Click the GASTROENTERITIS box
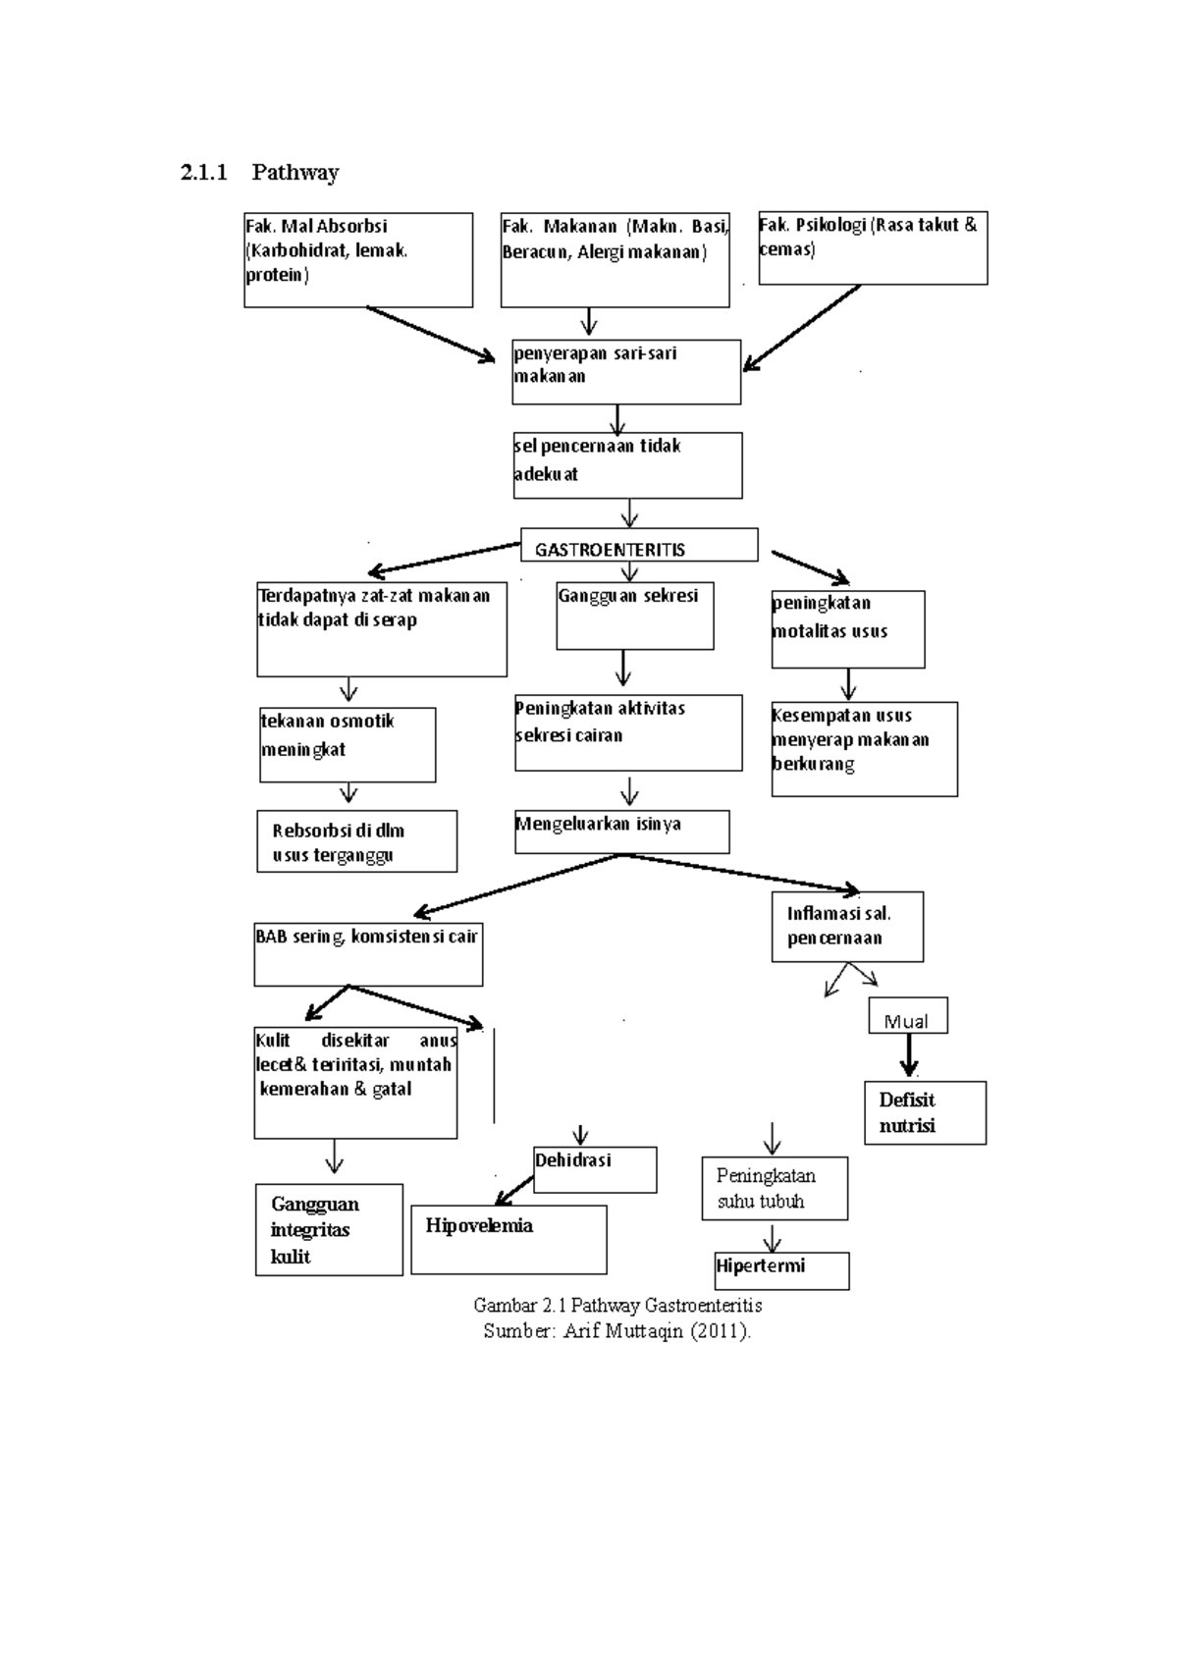[x=639, y=546]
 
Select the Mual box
[x=907, y=1017]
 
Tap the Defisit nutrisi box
[x=925, y=1113]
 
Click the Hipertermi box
[x=781, y=1270]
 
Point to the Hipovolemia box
[x=509, y=1239]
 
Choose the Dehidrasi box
[x=595, y=1169]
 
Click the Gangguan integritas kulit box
[x=329, y=1230]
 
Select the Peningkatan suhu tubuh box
[x=775, y=1188]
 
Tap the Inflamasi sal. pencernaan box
[x=847, y=926]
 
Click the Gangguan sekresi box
[x=634, y=616]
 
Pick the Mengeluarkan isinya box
[x=621, y=832]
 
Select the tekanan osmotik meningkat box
[x=348, y=744]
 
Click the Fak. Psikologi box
[x=873, y=248]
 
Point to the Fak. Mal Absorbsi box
[x=358, y=260]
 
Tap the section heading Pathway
[x=294, y=173]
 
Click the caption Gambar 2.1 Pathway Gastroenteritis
[x=617, y=1306]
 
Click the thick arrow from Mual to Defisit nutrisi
[x=909, y=1056]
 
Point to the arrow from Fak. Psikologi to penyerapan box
[x=802, y=328]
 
